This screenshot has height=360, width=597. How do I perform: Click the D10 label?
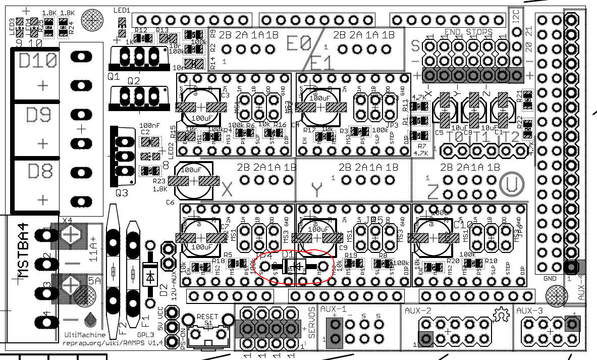(x=37, y=62)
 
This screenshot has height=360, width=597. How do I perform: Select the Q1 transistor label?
(x=114, y=77)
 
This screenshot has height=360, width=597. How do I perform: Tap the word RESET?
(x=207, y=317)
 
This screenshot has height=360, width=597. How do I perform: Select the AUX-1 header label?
(x=333, y=310)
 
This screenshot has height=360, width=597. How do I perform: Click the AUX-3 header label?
(x=529, y=311)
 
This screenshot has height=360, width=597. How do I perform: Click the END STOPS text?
(x=468, y=32)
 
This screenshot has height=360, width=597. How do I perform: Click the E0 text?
(x=299, y=43)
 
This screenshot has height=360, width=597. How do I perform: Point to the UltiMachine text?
(x=85, y=335)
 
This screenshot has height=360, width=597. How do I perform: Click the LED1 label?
(x=122, y=10)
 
